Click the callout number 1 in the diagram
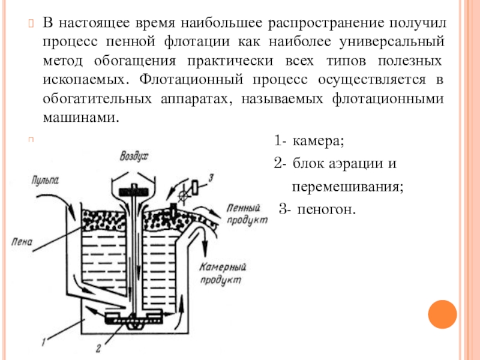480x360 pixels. click(x=44, y=343)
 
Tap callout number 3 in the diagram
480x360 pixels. click(x=211, y=177)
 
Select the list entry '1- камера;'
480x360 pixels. click(x=309, y=142)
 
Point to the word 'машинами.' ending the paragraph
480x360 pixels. click(x=78, y=118)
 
